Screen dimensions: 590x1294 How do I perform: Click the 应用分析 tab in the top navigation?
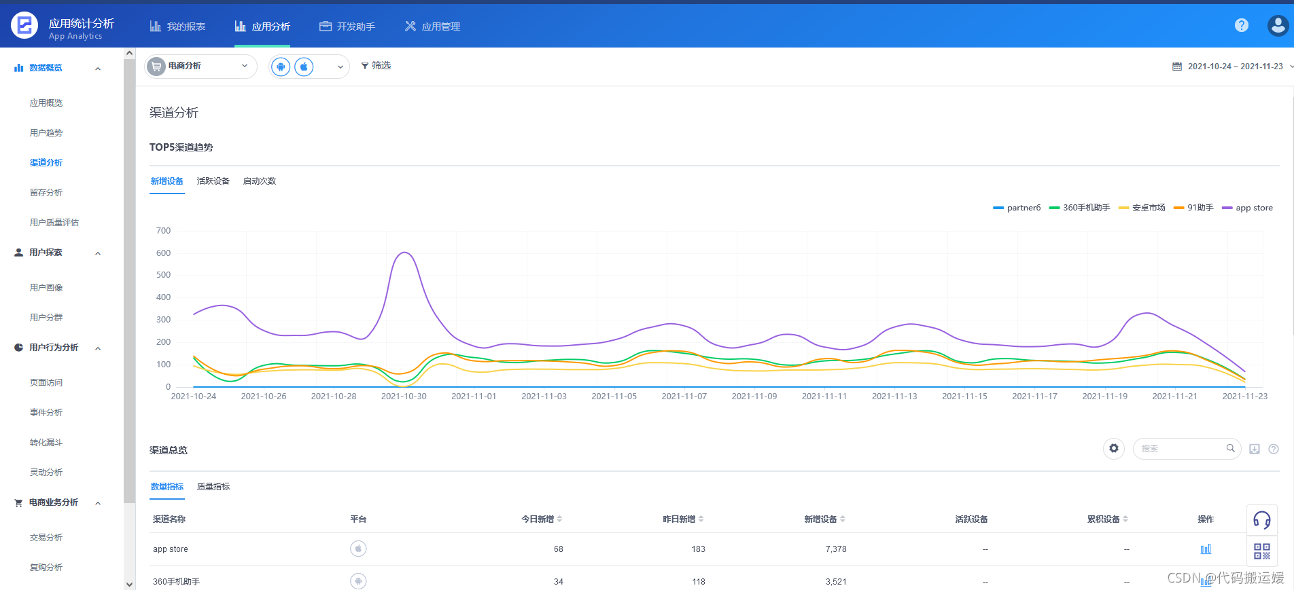[262, 26]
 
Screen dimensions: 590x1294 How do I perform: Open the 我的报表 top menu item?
[177, 26]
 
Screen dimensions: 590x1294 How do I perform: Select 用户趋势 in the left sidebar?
[46, 133]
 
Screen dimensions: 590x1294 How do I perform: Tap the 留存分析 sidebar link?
[46, 193]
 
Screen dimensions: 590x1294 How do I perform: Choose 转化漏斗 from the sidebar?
[46, 443]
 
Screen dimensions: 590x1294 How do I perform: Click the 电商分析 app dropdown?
[200, 66]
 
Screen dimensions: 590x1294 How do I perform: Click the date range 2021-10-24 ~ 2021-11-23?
[1234, 67]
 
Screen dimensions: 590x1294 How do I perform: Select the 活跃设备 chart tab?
[213, 181]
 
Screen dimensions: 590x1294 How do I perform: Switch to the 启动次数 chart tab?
[260, 181]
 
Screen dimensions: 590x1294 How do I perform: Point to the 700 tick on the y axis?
[164, 231]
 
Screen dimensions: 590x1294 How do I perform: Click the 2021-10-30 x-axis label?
[404, 397]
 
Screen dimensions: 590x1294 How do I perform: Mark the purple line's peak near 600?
[405, 253]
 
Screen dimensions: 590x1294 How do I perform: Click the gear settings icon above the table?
[1114, 449]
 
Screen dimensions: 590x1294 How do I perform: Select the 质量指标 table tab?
[213, 487]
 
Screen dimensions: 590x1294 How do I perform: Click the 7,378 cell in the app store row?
[836, 549]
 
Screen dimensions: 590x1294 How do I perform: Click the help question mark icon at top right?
[1242, 25]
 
